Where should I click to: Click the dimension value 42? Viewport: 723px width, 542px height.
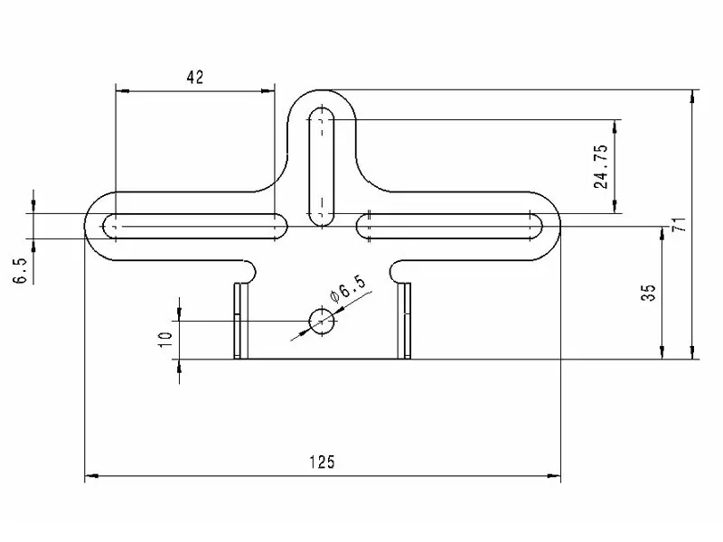pos(194,78)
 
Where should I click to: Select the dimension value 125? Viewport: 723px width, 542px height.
pos(322,462)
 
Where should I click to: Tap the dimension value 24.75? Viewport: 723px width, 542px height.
pos(601,166)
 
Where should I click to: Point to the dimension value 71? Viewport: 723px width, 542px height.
pos(679,224)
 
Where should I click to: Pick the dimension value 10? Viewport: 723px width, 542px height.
pos(164,340)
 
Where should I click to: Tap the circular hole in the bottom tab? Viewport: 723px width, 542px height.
pos(322,320)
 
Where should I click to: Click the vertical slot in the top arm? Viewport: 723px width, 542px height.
pos(322,165)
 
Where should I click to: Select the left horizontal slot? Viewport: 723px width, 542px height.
pos(195,226)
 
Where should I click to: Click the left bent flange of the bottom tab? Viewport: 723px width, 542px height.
pos(239,321)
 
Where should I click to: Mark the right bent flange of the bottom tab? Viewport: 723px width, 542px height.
pos(405,321)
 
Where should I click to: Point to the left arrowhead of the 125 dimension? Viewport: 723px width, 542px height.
pos(90,477)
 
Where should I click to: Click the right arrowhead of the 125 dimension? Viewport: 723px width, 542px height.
pos(555,477)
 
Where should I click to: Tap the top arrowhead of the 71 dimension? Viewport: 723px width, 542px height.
pos(692,95)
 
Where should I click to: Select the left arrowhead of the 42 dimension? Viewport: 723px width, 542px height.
pos(122,90)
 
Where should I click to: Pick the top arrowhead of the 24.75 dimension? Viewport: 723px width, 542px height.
pos(616,125)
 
